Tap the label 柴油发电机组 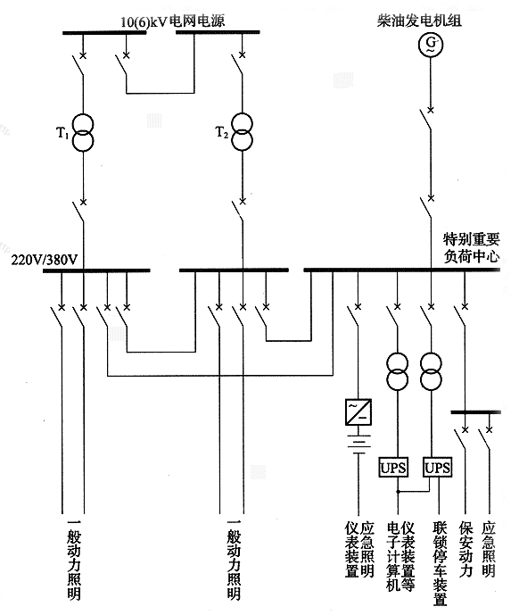(430, 18)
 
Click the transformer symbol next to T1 (83, 133)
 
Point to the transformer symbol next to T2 (241, 133)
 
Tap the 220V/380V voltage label (45, 260)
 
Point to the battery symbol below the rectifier (357, 444)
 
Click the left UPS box (393, 468)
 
